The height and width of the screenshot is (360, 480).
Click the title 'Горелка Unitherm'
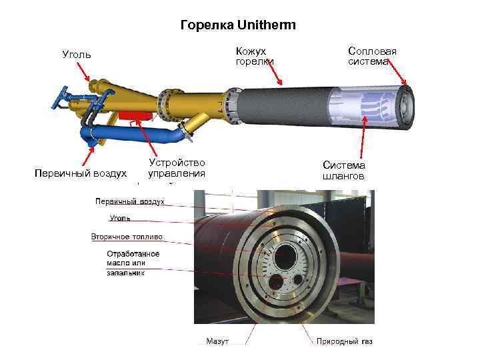click(x=239, y=25)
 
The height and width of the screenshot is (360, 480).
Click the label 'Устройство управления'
click(x=177, y=168)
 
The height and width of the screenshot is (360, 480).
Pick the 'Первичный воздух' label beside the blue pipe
click(x=81, y=173)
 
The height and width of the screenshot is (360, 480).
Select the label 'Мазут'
click(x=217, y=341)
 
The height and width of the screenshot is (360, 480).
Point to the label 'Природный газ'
click(x=344, y=341)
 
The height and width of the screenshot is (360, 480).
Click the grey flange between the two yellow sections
click(x=163, y=104)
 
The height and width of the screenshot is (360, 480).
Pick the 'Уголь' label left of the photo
click(x=120, y=217)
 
